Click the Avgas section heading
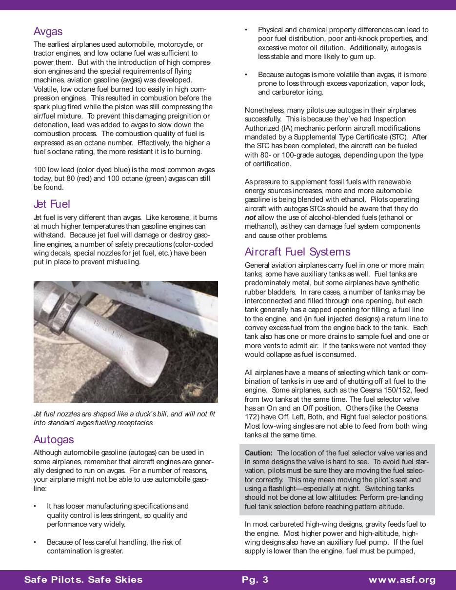[x=48, y=32]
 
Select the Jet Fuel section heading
[x=52, y=204]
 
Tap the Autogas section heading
[x=54, y=440]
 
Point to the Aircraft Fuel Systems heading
[x=297, y=252]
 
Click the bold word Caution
[x=258, y=453]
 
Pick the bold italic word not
[x=250, y=217]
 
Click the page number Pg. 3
[x=255, y=579]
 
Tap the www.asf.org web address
[x=402, y=580]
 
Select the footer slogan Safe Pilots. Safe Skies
[x=83, y=579]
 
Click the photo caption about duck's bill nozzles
[x=124, y=418]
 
